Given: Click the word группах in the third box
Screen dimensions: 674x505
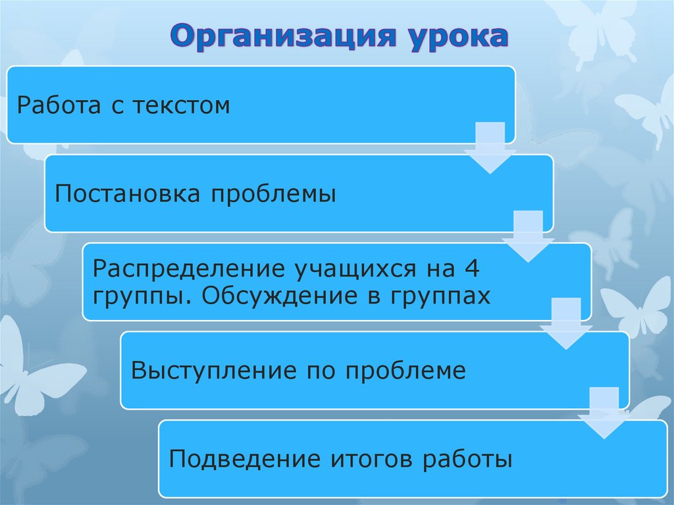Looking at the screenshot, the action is [x=442, y=297].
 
